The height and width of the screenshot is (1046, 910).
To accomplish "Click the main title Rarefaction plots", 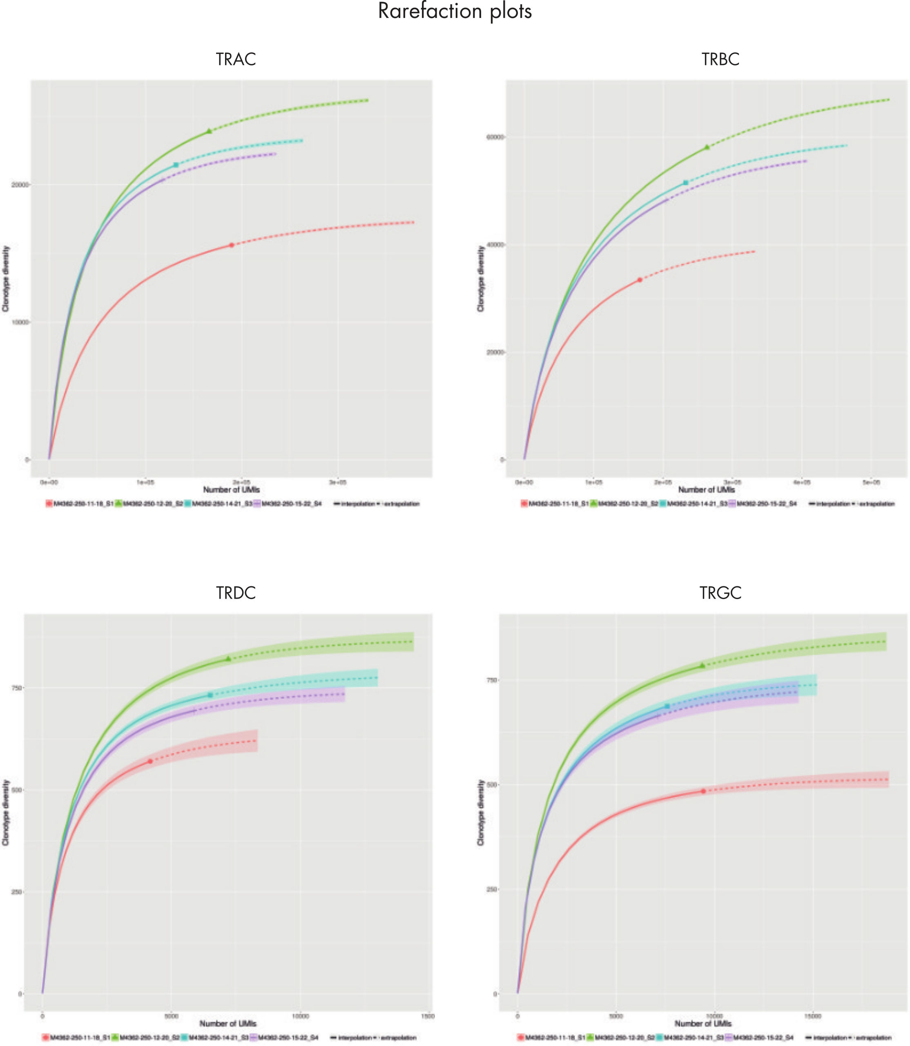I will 455,11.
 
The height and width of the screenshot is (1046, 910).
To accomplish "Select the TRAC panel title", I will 236,59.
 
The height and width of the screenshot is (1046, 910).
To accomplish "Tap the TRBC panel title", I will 720,59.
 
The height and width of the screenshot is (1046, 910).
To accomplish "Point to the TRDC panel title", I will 236,593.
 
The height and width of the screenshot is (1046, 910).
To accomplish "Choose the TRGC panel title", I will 720,593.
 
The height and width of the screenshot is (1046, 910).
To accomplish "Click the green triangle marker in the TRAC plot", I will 209,131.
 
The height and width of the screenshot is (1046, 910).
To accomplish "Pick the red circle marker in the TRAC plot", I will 232,245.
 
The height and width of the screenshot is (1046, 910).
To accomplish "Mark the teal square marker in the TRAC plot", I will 176,165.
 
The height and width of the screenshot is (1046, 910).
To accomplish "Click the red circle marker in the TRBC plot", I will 640,280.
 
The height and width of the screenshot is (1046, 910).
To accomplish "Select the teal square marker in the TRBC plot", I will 685,182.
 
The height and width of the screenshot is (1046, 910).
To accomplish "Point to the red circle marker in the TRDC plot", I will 150,761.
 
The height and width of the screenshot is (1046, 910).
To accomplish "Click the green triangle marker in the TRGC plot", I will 702,665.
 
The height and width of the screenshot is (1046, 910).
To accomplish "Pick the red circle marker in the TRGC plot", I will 703,791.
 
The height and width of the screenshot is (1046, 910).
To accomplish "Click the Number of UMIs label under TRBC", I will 706,490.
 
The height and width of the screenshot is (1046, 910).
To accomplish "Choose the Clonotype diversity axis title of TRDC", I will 6,812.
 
